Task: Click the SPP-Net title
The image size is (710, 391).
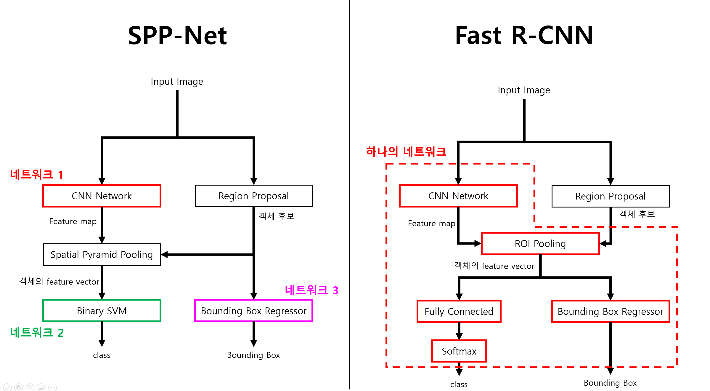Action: point(177,36)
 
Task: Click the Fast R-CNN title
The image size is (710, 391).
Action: point(524,36)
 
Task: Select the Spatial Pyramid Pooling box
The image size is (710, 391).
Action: point(102,255)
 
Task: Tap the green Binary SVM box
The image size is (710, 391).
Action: point(102,311)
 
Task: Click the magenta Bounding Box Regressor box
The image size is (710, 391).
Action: point(253,311)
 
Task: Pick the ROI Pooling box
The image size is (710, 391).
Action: point(540,244)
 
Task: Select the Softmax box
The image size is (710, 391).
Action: point(459,351)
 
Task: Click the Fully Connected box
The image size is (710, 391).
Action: point(459,311)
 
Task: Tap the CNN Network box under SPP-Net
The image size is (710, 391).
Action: point(102,196)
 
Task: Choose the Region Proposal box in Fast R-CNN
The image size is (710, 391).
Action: point(611,196)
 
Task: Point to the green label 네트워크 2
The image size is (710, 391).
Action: point(37,333)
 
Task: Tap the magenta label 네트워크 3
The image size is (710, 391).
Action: point(311,290)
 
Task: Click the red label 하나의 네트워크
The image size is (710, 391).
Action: point(406,151)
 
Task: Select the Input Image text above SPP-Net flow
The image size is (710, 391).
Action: point(177,82)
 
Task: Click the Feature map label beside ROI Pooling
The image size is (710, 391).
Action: point(431,224)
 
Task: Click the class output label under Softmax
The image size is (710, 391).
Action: point(459,384)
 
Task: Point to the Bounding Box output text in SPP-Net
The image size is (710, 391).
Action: point(253,355)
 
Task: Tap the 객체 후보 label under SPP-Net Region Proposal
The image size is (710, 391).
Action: point(276,216)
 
